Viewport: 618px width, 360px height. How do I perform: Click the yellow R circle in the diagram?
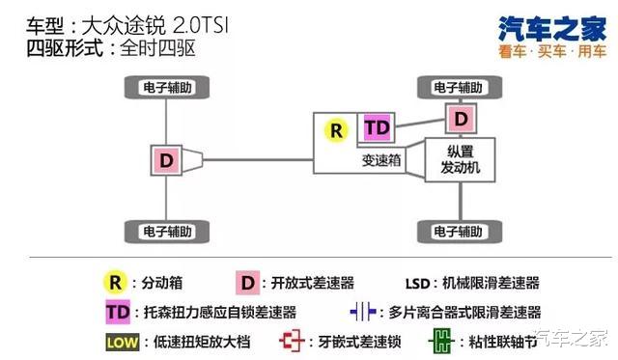(x=336, y=129)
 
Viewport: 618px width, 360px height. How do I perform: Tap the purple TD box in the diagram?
(x=377, y=128)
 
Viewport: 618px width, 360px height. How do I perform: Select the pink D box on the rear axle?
(x=166, y=160)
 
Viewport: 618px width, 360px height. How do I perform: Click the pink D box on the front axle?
(x=461, y=119)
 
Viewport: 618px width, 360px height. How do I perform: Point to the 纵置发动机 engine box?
(x=460, y=160)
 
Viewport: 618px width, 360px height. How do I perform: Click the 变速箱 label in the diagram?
(x=380, y=160)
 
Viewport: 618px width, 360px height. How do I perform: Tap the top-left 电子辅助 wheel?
(x=166, y=88)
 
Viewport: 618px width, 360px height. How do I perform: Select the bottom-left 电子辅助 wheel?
(x=166, y=232)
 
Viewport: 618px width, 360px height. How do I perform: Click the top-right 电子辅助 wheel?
(x=460, y=88)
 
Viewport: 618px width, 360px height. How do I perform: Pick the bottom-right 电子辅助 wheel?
(x=460, y=232)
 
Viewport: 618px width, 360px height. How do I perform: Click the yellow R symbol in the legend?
(x=116, y=283)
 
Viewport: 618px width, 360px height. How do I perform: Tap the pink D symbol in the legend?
(x=247, y=283)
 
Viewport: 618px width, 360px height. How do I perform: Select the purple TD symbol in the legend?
(x=119, y=312)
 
